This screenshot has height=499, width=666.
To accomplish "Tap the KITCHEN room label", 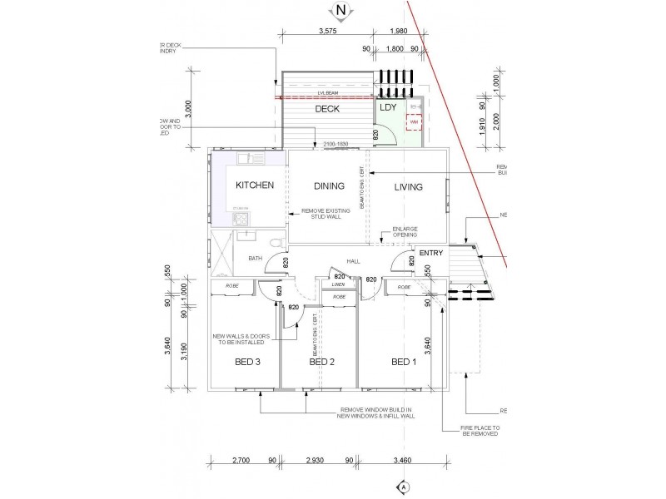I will [x=255, y=185].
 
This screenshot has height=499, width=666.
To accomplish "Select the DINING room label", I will [x=329, y=186].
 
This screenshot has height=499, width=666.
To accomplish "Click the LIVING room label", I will [x=409, y=186].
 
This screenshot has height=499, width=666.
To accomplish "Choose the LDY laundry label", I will [x=388, y=107].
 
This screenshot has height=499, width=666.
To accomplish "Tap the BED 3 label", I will [x=246, y=362].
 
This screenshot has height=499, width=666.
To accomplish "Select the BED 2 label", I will [x=321, y=362].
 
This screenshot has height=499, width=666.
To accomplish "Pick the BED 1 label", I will [x=404, y=362].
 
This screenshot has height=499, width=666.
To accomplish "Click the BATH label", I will [x=255, y=259].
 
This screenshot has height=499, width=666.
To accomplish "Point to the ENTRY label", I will [x=431, y=253].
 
